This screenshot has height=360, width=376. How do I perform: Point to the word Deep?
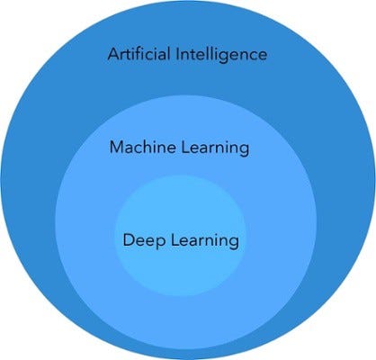point(140,241)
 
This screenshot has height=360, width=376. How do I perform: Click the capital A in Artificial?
point(113,54)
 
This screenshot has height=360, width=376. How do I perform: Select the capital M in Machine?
point(115,146)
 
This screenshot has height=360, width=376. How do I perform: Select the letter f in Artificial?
point(144,54)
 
